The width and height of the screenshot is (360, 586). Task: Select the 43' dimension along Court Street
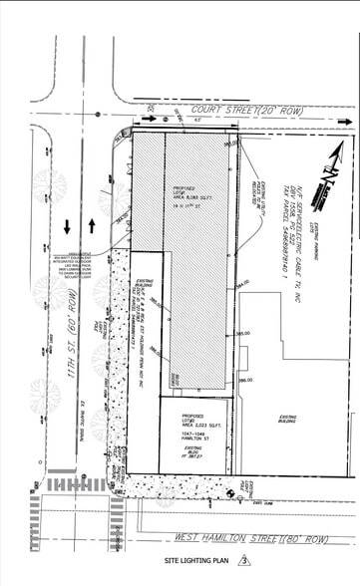click(199, 120)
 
